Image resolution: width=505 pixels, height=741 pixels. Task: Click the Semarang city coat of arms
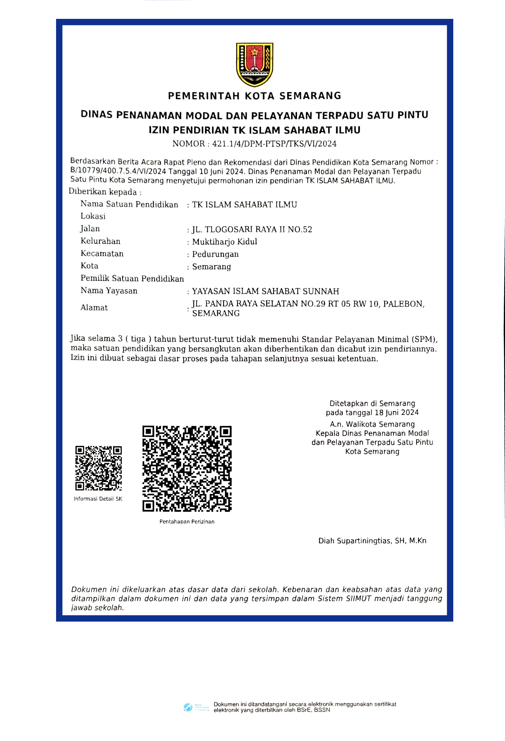254,64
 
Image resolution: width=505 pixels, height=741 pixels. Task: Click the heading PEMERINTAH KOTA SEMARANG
254,96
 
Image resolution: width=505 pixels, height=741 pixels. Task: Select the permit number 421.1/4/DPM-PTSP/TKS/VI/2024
274,144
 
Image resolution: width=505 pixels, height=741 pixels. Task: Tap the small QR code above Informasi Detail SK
98,468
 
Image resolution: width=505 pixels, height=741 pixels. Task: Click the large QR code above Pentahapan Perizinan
187,468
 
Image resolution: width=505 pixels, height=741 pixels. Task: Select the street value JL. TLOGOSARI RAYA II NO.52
252,230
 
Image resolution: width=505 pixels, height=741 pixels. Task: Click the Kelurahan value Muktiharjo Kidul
224,242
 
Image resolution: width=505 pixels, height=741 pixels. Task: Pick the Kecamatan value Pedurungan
215,254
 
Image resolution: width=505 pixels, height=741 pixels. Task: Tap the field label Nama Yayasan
109,291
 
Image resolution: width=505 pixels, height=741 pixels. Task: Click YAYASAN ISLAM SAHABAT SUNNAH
265,291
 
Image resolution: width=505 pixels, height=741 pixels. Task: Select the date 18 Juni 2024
397,413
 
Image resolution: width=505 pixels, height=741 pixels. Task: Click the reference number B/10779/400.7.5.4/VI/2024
118,171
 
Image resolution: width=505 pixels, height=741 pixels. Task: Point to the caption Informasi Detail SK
98,499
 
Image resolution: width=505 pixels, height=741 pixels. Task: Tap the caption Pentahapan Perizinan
187,522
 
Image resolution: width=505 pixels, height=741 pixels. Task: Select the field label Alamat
94,308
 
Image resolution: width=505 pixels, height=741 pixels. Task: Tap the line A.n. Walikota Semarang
372,424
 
